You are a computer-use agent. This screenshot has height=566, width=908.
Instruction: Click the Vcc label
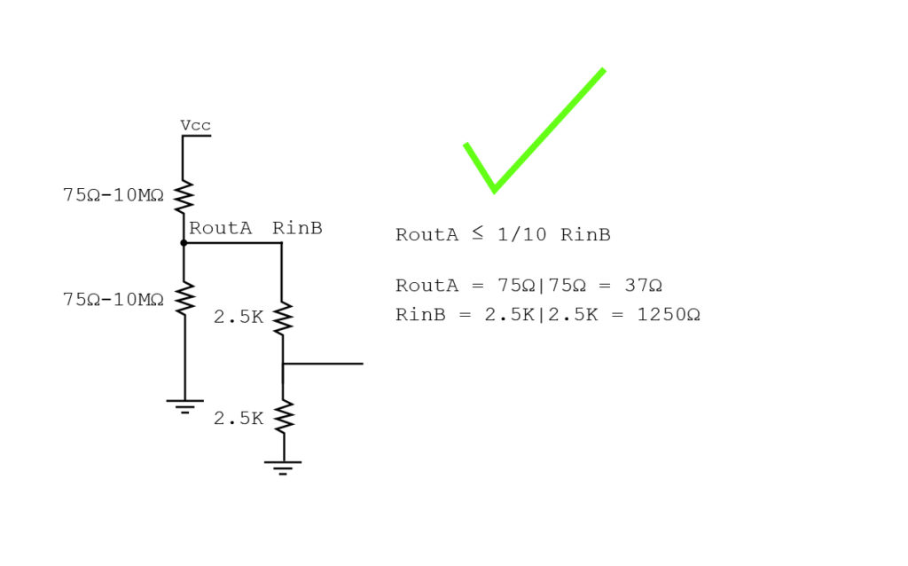tap(196, 125)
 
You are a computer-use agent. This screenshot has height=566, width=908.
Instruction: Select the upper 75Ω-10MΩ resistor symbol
tap(184, 196)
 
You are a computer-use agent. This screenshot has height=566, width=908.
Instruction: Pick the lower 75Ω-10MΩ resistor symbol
tap(184, 298)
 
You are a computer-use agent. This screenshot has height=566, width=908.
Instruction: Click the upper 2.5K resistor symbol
tap(283, 318)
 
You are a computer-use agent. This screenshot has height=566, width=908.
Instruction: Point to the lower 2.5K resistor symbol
tap(284, 417)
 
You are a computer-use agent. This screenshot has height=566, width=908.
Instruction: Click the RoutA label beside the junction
tap(221, 228)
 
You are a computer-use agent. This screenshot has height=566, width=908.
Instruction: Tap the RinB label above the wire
tap(297, 228)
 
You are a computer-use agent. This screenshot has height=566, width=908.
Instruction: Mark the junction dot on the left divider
tap(184, 243)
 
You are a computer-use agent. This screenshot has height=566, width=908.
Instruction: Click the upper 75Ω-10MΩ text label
tap(113, 195)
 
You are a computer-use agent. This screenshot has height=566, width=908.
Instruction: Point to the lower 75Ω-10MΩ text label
tap(113, 300)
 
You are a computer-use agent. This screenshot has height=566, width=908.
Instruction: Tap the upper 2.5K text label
tap(239, 317)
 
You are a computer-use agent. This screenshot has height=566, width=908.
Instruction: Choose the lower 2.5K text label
tap(239, 418)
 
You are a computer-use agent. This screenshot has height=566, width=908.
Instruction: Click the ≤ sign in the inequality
tap(477, 233)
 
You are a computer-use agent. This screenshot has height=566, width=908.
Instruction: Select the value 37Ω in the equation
tap(644, 286)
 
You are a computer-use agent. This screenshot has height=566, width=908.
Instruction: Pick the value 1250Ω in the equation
tap(669, 315)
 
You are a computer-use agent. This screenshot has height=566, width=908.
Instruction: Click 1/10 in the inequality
tap(521, 234)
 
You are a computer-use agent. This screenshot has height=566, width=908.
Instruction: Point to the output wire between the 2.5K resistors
tap(323, 364)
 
